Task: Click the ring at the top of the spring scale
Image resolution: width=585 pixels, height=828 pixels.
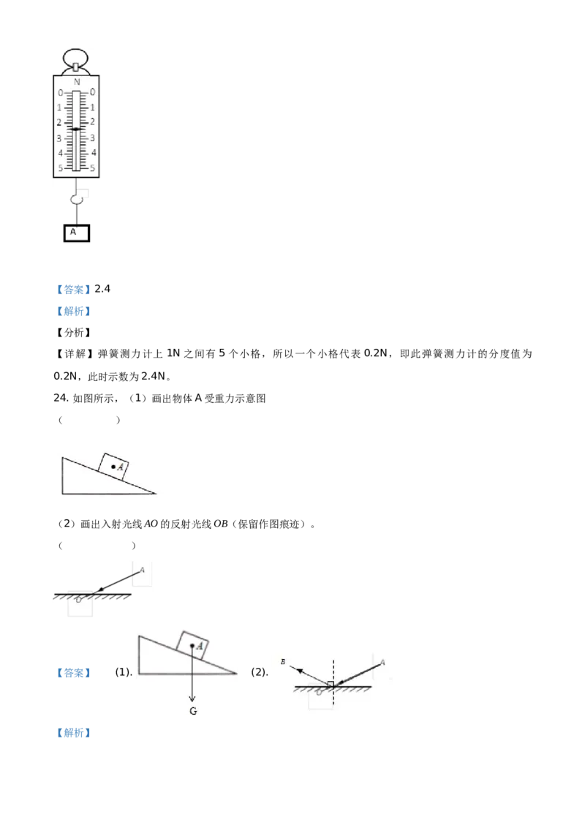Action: coord(76,58)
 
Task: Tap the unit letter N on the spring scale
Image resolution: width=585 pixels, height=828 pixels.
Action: coord(77,82)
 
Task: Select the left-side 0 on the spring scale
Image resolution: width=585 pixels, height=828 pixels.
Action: coord(60,93)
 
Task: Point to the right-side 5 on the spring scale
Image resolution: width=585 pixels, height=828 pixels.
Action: coord(93,168)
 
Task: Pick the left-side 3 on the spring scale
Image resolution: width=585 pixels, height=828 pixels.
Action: coord(60,138)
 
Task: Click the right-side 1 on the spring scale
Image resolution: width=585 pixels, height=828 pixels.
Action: coord(93,108)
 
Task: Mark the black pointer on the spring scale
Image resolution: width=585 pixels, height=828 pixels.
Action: coord(76,129)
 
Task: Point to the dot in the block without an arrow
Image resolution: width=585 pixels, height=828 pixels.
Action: coord(112,466)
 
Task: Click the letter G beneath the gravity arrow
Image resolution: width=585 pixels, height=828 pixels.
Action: coord(192,711)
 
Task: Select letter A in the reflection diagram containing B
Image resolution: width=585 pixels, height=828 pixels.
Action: coord(382,662)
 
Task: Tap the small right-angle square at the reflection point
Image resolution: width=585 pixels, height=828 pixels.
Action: coord(331,684)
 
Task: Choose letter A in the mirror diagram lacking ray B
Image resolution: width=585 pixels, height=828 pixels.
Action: coord(142,569)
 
